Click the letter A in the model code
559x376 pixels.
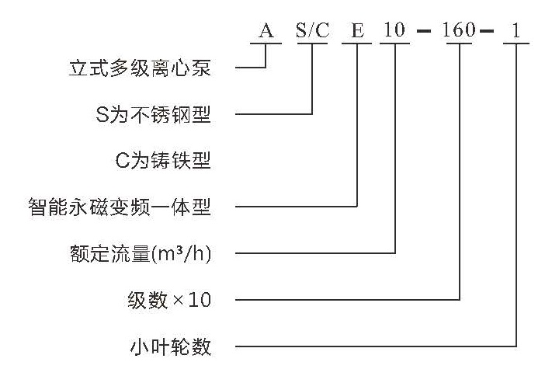266,30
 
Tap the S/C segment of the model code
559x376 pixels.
313,30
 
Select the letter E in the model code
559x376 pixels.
358,30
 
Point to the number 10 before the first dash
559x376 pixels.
394,30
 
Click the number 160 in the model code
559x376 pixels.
459,30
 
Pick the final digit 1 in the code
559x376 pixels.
516,30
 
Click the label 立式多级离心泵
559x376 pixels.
140,68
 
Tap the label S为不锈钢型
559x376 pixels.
153,114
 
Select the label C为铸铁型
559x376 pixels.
163,161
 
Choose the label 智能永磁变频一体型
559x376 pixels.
120,207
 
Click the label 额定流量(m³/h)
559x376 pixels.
141,254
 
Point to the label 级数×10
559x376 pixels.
169,300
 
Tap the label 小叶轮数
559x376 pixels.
171,346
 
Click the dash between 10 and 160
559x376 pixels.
424,30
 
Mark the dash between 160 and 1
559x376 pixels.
487,30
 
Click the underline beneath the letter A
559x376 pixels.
266,44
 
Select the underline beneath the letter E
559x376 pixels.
357,44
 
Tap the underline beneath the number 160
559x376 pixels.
459,44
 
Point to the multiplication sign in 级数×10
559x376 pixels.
179,301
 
